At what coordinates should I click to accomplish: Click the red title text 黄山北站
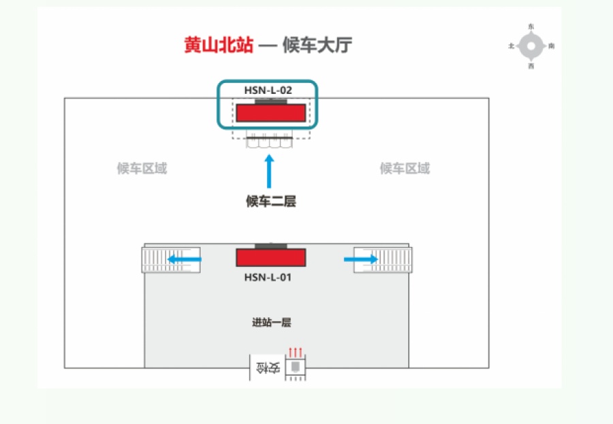click(219, 46)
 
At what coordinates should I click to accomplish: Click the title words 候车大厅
click(317, 46)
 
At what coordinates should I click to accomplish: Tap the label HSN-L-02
click(268, 89)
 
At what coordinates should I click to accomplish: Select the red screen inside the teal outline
click(270, 113)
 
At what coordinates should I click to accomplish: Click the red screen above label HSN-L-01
click(270, 257)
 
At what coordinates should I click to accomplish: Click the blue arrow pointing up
click(269, 171)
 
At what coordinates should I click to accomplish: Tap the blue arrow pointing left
click(185, 259)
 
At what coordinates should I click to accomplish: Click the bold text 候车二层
click(270, 201)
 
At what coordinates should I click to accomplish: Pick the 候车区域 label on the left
click(142, 169)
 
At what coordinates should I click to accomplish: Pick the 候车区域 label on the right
click(405, 169)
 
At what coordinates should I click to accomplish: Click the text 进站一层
click(272, 323)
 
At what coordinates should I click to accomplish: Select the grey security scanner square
click(295, 368)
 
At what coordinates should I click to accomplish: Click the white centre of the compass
click(531, 46)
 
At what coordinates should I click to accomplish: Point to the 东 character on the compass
click(531, 27)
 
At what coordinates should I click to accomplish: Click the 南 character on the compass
click(551, 46)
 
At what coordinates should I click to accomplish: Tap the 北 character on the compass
click(511, 46)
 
